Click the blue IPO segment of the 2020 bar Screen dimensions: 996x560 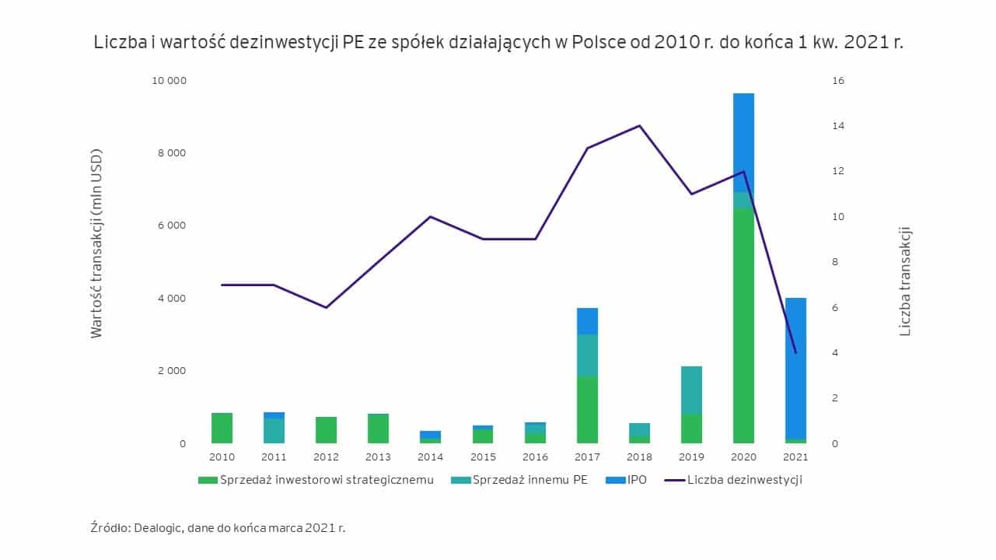click(x=743, y=142)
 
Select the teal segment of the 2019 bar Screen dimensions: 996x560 click(x=691, y=390)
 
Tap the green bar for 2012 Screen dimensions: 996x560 click(x=326, y=430)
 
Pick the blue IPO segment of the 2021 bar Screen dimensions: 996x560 click(x=795, y=369)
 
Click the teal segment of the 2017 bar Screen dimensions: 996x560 click(x=587, y=355)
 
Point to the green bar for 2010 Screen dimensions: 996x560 click(x=222, y=428)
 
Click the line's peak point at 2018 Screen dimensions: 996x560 click(x=639, y=125)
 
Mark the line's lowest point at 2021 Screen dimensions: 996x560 click(x=795, y=353)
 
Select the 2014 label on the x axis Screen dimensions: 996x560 click(x=430, y=457)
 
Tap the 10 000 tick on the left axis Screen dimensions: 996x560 click(x=169, y=81)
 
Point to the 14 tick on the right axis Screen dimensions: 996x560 click(x=838, y=126)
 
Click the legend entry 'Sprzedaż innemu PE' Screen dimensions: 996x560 click(x=519, y=480)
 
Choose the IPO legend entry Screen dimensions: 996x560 click(x=626, y=480)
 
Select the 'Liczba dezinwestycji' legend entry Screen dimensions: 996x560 click(x=733, y=480)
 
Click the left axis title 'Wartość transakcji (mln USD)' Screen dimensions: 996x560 click(x=96, y=243)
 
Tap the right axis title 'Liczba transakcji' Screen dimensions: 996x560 click(x=905, y=281)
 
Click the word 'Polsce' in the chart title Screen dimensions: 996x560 click(x=599, y=42)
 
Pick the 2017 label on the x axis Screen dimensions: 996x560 click(x=587, y=457)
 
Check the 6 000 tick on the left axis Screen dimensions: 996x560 click(x=172, y=226)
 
